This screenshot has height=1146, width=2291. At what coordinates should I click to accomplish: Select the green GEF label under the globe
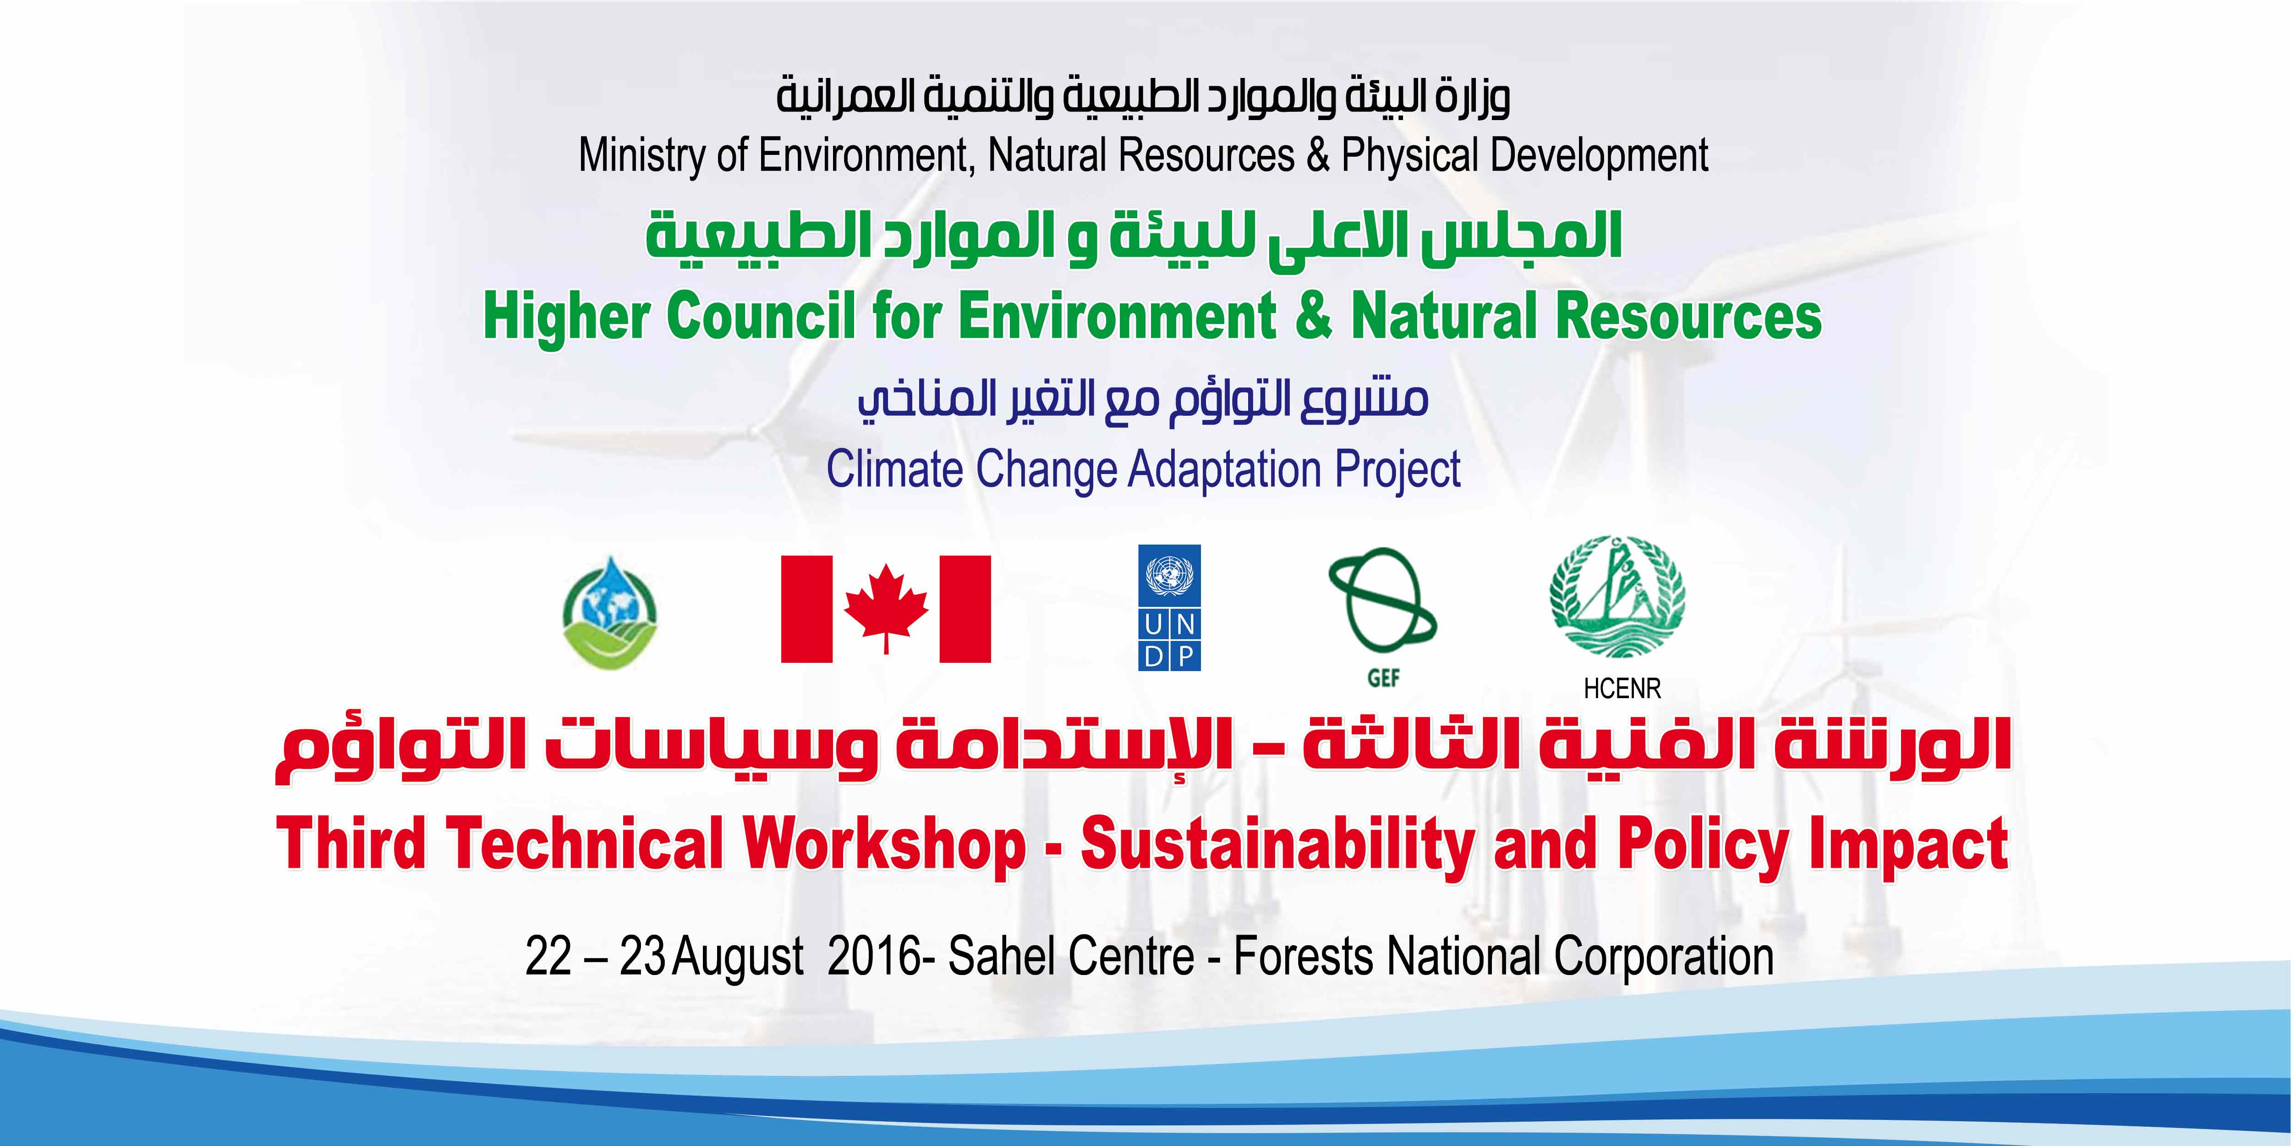[x=1383, y=678]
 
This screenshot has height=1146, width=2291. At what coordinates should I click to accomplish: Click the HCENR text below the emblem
[x=1622, y=688]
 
